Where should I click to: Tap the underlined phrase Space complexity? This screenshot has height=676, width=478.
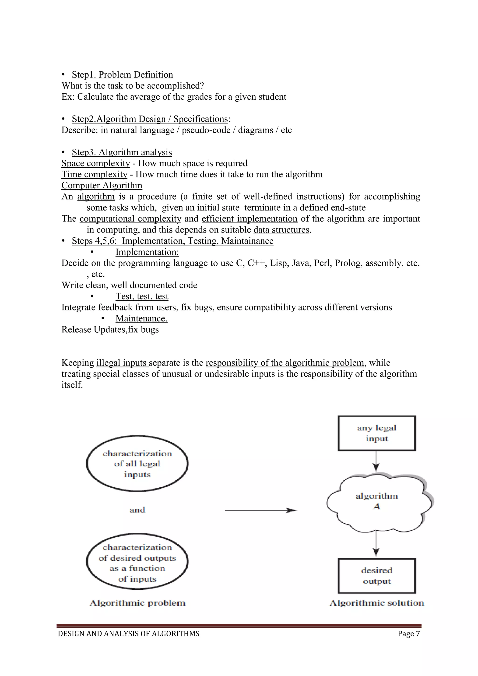(x=96, y=163)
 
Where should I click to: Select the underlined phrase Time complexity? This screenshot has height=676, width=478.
(x=95, y=174)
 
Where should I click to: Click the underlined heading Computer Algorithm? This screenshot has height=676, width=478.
(x=102, y=186)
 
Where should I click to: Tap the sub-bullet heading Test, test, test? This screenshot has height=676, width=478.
(x=142, y=296)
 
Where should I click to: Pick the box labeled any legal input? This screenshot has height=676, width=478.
(x=377, y=433)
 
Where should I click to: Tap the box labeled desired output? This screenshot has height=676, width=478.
(x=377, y=576)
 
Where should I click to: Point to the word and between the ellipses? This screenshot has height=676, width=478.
(x=137, y=510)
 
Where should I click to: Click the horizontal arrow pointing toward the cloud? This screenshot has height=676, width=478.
(x=260, y=510)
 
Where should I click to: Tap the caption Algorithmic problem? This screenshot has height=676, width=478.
(x=137, y=603)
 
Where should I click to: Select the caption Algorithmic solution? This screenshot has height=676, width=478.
(x=377, y=603)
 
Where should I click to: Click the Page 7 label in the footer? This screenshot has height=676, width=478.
(x=408, y=634)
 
